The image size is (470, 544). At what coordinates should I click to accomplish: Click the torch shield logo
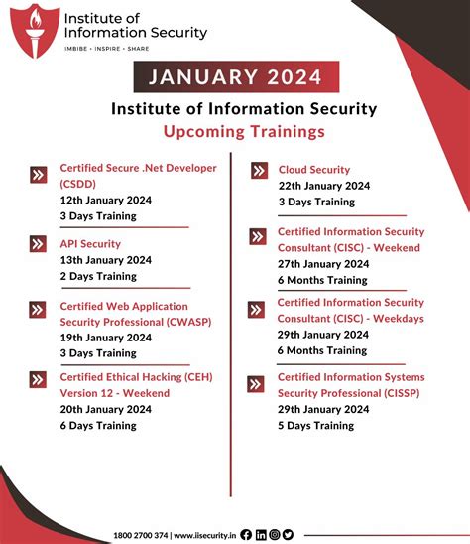coord(36,30)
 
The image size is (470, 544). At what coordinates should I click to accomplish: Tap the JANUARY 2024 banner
coord(236,76)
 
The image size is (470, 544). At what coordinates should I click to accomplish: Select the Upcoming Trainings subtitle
coord(244,131)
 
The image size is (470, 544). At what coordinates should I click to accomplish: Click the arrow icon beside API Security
coord(39,243)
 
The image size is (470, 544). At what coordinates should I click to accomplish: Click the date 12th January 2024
coord(105,199)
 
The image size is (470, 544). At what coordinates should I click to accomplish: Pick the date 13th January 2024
coord(105,260)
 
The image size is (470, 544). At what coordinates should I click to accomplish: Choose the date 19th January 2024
coord(105,338)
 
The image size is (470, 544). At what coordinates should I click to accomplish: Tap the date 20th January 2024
coord(105,409)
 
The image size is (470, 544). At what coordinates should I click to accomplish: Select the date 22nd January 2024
coord(323,186)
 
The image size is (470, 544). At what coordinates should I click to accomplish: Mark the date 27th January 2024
coord(323,264)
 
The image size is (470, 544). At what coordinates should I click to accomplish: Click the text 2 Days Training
coord(98,276)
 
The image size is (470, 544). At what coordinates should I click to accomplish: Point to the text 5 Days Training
coord(315,425)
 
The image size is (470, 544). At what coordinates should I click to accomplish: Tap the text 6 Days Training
coord(98,425)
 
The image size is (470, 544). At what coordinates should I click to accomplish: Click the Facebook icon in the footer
coord(246,534)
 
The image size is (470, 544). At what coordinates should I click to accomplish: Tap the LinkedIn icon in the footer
coord(261,534)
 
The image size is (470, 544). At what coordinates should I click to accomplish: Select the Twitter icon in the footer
coord(288,534)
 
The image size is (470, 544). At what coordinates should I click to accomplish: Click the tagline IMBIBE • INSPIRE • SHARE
coord(107,48)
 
